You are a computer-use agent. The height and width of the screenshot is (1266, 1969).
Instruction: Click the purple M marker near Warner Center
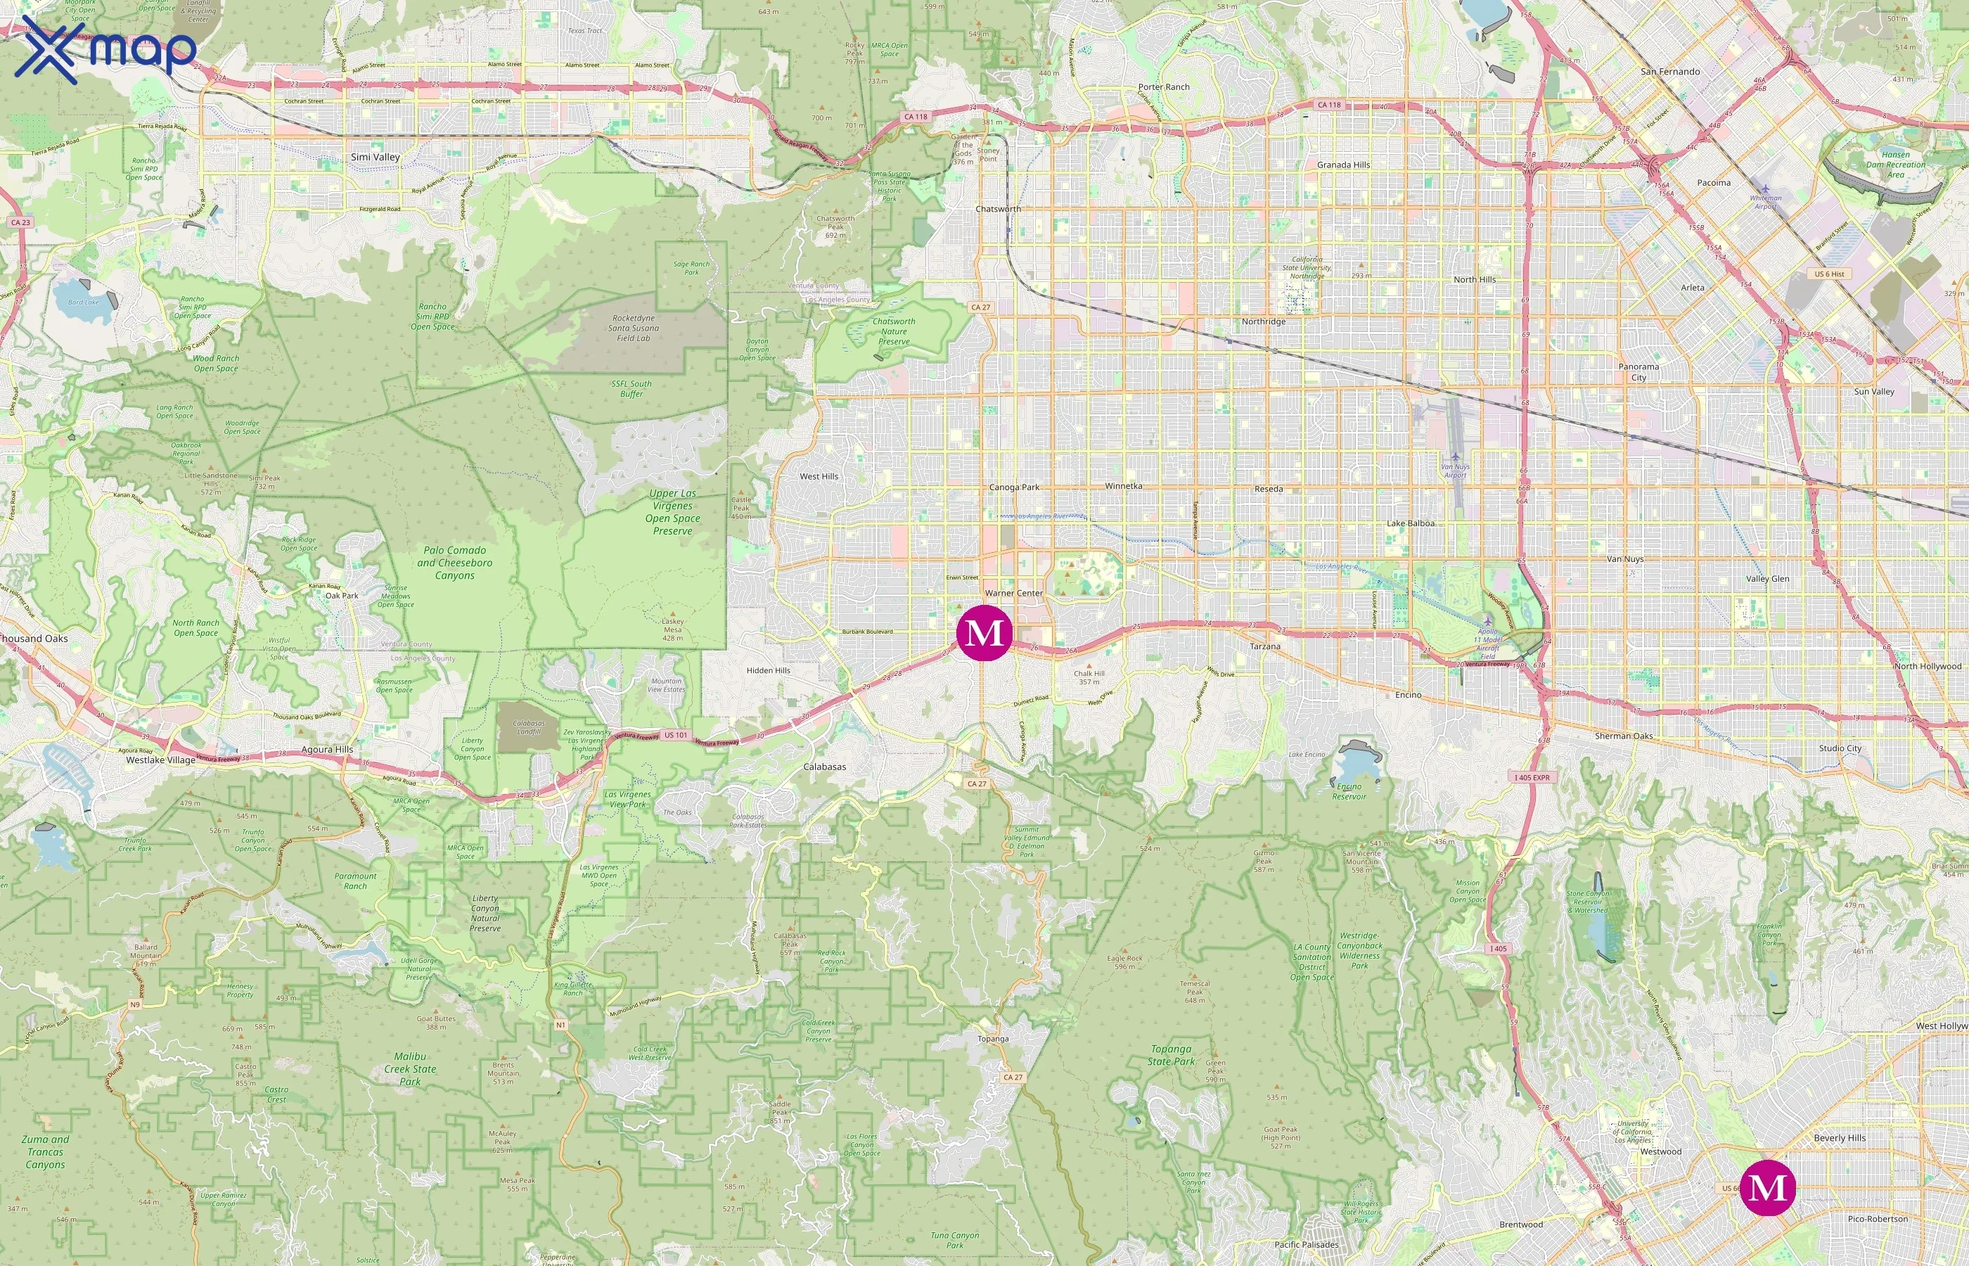pos(984,633)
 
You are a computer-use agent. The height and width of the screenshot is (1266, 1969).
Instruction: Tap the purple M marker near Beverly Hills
pos(1768,1187)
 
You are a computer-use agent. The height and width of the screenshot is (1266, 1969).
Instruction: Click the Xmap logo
pos(105,49)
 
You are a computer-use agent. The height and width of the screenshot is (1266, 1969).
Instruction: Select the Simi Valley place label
pos(375,157)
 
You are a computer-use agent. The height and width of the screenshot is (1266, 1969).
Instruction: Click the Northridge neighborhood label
pos(1263,321)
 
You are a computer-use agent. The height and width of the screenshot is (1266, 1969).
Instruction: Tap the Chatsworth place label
pos(998,209)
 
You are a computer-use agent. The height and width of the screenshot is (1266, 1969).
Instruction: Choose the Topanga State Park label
pos(1171,1055)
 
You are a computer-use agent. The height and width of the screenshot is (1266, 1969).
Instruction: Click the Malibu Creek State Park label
pos(410,1068)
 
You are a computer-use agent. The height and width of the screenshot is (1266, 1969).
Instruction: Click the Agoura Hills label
pos(327,749)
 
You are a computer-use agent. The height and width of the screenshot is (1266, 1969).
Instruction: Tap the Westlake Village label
pos(160,760)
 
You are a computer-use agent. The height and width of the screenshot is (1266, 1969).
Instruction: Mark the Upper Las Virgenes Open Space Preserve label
pos(672,512)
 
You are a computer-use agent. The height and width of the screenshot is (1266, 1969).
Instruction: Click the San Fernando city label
pos(1670,72)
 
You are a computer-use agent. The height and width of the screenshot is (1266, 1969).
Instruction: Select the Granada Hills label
pos(1343,165)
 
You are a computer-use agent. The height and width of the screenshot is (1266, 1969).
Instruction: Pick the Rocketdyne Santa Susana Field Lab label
pos(633,328)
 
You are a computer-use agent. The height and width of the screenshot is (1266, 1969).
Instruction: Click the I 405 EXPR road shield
pos(1532,778)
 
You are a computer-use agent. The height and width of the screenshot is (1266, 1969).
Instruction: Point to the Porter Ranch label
pos(1164,87)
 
